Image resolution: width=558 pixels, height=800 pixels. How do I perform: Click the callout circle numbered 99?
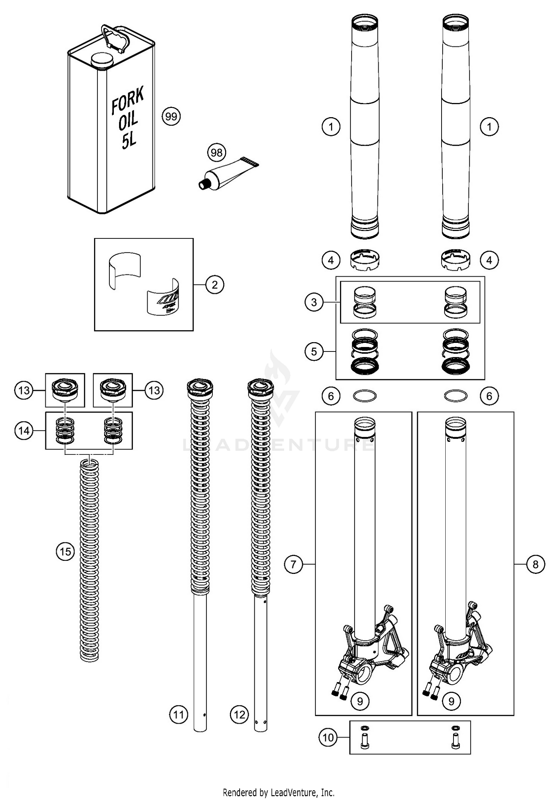click(x=171, y=117)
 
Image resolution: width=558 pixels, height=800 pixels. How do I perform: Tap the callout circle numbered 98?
click(x=217, y=152)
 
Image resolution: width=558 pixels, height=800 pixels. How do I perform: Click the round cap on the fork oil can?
click(x=103, y=60)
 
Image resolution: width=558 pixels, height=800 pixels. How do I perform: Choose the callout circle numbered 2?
click(x=215, y=285)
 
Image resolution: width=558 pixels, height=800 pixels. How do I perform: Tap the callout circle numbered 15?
click(x=65, y=551)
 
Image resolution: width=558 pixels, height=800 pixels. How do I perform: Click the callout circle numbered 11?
click(x=179, y=714)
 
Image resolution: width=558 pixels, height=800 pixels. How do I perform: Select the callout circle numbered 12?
click(x=240, y=714)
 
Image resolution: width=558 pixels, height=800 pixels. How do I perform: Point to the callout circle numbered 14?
click(x=24, y=431)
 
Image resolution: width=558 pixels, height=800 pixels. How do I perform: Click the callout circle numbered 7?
click(x=294, y=564)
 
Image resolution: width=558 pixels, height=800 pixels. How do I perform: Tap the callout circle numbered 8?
click(x=535, y=564)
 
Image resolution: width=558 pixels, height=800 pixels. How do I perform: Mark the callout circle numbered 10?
click(x=328, y=737)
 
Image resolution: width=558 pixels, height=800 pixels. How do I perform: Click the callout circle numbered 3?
click(x=314, y=302)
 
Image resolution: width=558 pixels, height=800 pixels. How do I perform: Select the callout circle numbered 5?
click(x=314, y=351)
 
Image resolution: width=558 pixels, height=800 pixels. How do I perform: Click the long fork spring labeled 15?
click(x=89, y=558)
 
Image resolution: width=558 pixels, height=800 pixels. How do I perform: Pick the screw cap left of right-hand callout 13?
click(x=112, y=390)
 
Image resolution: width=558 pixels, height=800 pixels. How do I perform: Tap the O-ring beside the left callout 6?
click(x=365, y=396)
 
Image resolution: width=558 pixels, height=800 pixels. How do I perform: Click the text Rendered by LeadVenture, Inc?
click(x=279, y=792)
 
